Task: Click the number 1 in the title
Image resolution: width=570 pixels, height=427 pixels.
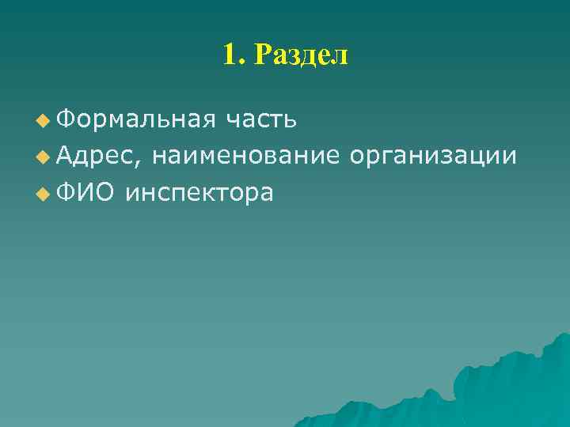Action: click(x=230, y=55)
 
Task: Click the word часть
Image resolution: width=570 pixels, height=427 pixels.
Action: click(x=260, y=119)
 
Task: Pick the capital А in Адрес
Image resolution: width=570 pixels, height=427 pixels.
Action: click(x=65, y=156)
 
